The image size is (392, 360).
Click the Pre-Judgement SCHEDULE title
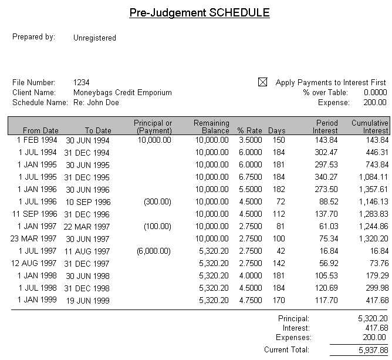[199, 13]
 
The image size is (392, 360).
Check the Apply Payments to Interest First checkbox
[262, 83]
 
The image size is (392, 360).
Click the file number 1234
[82, 83]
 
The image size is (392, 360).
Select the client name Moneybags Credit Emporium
[122, 93]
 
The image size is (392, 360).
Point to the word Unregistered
[94, 38]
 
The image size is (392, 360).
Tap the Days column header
[276, 130]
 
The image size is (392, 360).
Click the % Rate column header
[249, 130]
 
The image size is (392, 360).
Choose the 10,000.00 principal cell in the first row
[154, 140]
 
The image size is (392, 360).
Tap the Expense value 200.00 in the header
[376, 103]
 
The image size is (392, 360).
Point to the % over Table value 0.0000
[375, 93]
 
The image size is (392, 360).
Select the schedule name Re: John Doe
[96, 103]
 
